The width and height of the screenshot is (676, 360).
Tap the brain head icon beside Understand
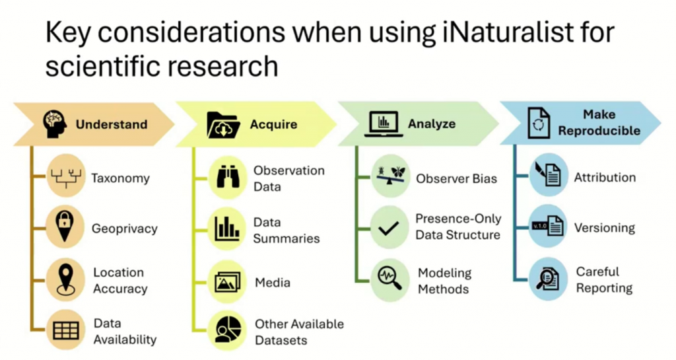click(55, 124)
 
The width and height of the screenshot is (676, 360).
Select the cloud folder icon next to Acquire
click(223, 125)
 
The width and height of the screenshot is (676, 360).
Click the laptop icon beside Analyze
click(384, 124)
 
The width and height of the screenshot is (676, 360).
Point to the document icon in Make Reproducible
click(539, 124)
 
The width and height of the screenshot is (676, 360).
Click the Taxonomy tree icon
click(65, 177)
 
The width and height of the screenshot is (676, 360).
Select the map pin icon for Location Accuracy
click(65, 280)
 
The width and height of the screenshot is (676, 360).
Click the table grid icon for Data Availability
click(66, 330)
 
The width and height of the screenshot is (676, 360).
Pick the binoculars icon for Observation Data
click(228, 177)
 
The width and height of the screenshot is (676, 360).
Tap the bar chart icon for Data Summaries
click(227, 229)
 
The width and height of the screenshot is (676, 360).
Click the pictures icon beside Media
click(228, 283)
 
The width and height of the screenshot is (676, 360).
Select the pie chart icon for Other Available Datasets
click(228, 330)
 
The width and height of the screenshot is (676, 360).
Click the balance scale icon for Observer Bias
click(390, 176)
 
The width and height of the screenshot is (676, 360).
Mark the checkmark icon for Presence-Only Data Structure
click(388, 228)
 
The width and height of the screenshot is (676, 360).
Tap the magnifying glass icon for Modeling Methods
click(389, 278)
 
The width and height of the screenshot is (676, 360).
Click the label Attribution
click(605, 177)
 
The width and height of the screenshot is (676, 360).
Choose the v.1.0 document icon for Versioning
click(548, 226)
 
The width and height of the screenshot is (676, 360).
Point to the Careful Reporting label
click(604, 280)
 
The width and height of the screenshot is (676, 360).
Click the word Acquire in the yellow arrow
click(274, 125)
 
